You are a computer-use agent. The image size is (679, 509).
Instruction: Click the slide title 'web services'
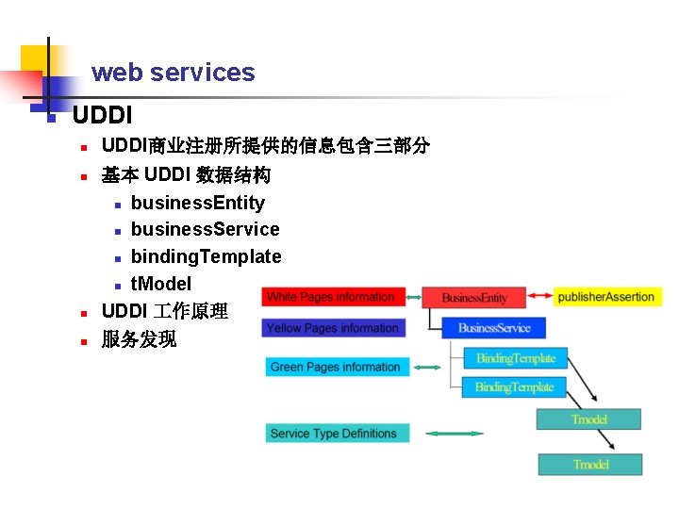pos(173,73)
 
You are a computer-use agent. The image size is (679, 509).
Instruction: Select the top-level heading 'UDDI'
pos(102,116)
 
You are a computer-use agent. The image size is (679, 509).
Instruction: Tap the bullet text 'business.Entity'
pos(198,203)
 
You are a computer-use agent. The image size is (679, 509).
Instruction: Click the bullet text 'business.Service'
pos(205,229)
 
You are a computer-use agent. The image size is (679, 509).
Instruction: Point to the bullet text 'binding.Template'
pos(206,256)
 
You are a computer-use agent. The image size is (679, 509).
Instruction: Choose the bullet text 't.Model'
pos(161,284)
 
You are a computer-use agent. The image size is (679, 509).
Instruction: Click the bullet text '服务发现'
pos(139,339)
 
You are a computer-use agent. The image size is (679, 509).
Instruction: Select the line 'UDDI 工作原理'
pos(164,311)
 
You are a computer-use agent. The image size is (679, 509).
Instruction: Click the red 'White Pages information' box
pos(334,297)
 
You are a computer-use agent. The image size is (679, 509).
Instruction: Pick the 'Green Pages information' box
pos(337,367)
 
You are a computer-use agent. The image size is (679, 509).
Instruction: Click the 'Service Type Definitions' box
pos(337,434)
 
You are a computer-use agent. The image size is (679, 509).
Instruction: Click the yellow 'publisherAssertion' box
pos(606,297)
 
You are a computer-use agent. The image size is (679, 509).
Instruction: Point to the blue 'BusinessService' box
pos(493,328)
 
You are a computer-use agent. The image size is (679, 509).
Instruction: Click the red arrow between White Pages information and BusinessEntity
pos(413,297)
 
